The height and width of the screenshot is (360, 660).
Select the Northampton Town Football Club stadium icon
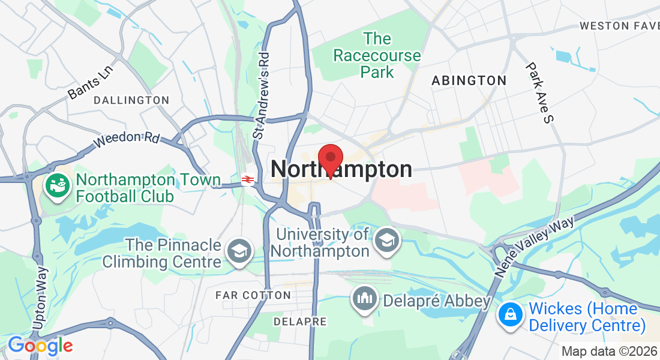58,185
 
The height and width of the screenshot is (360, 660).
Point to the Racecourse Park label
377,56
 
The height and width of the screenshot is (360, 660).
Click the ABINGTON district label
469,80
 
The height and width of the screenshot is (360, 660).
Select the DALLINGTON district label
131,100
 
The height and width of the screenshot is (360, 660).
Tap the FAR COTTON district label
253,295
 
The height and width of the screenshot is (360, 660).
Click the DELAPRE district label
300,322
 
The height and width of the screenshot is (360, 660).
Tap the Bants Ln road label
90,83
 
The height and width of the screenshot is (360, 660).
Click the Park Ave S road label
538,92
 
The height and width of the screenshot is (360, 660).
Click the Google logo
40,346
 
